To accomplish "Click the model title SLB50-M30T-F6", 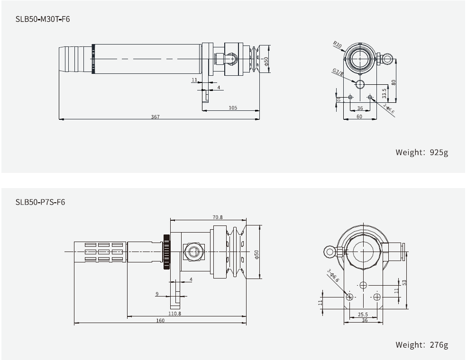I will click(43, 20).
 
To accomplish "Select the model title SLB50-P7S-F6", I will click(40, 202).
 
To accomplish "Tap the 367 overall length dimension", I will click(156, 117).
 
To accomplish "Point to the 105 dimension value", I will click(232, 108).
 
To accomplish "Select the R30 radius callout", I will click(337, 45).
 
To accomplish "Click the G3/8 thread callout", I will click(338, 72).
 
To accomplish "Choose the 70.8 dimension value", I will click(218, 217).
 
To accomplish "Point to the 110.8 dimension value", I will click(174, 313).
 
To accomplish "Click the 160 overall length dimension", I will click(160, 321).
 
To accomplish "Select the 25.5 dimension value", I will click(363, 314).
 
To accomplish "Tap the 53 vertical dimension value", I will click(405, 283).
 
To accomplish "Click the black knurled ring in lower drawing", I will click(166, 252).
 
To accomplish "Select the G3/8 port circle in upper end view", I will click(360, 84).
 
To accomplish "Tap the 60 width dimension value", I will click(359, 116).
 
